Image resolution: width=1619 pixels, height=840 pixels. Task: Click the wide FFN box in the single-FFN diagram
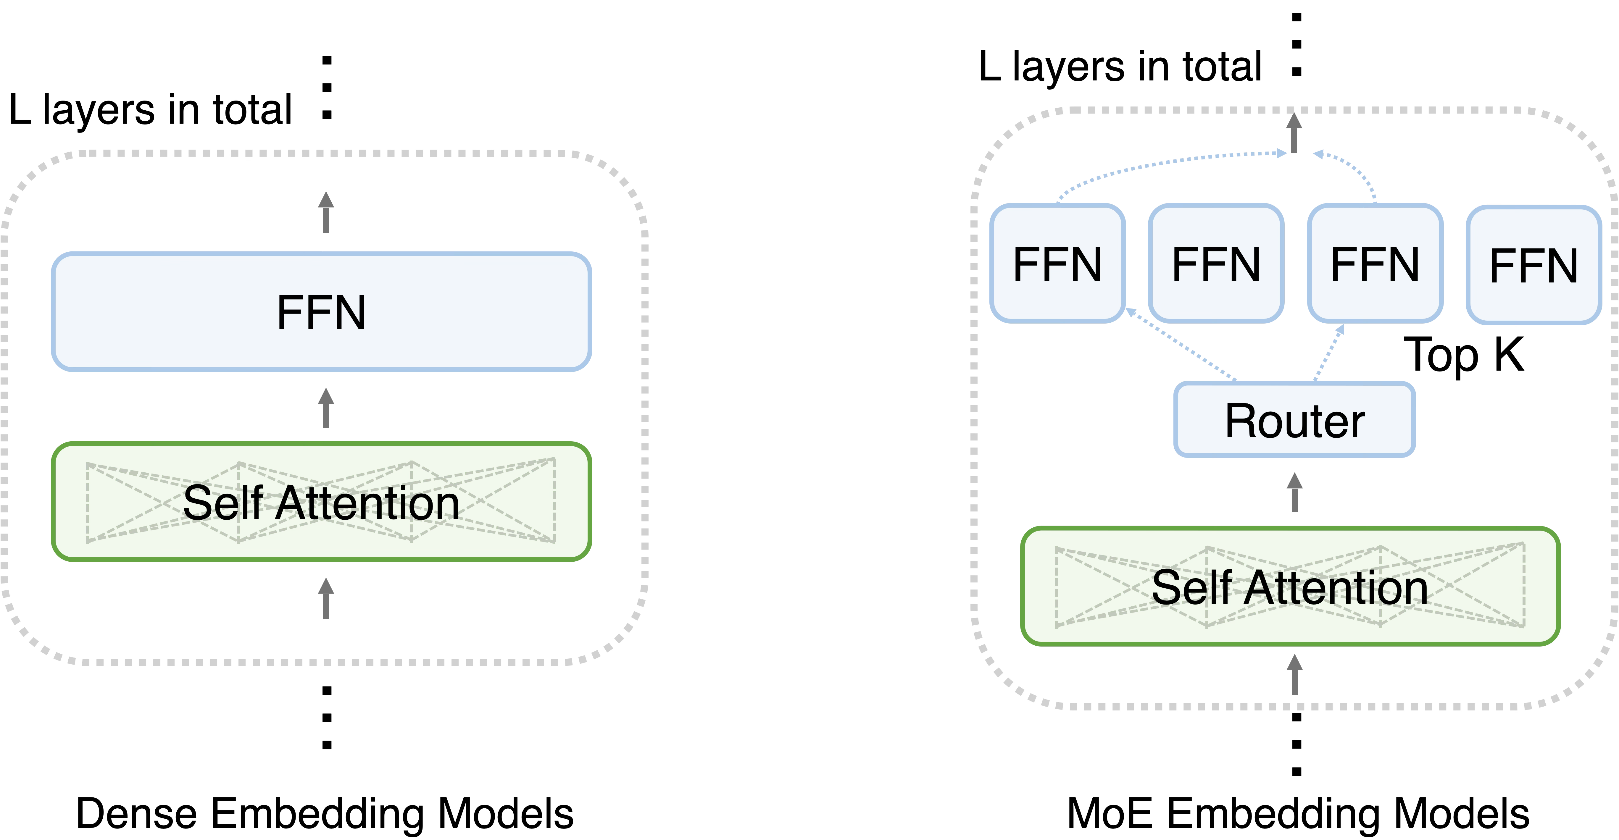tap(321, 312)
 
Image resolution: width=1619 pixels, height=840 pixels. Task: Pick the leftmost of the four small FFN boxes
tap(1057, 263)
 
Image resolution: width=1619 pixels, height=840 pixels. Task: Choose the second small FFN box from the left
tap(1215, 263)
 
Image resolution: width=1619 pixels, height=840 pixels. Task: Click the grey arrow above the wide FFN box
tap(325, 212)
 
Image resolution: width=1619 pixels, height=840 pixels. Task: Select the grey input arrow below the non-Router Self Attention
tap(325, 599)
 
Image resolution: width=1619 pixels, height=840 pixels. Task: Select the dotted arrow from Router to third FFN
tap(1329, 352)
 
